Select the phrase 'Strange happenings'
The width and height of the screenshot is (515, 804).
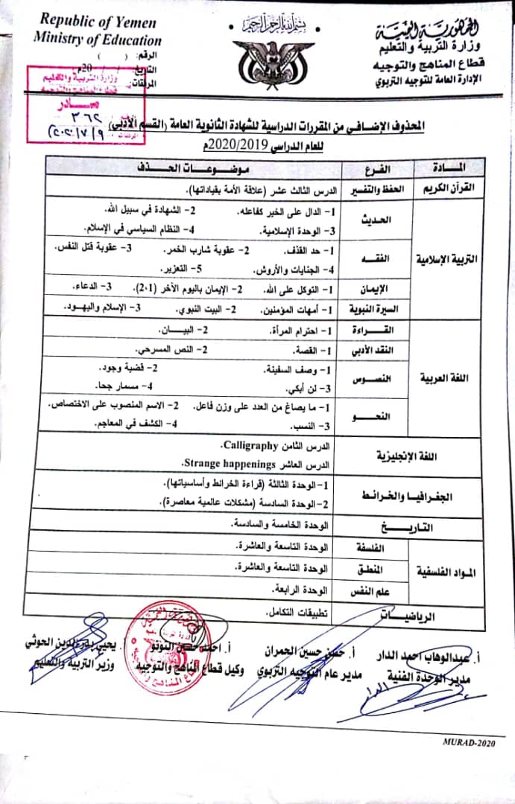pos(232,462)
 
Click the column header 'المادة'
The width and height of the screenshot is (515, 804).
pos(448,166)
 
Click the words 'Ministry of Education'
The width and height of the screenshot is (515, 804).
pos(98,40)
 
